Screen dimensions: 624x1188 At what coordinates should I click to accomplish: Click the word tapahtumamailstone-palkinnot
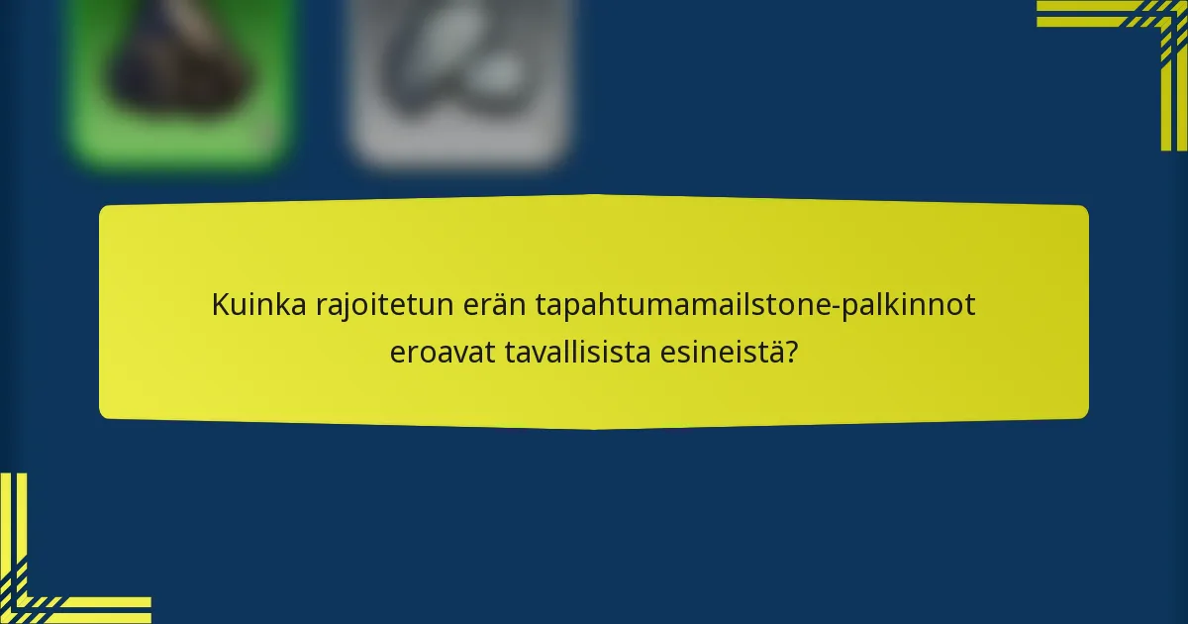(x=755, y=306)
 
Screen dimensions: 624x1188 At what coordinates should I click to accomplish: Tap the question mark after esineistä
(x=792, y=352)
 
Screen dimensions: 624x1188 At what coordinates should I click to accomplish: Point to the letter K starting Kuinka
(x=219, y=306)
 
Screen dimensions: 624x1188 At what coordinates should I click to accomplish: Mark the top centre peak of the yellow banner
(x=594, y=196)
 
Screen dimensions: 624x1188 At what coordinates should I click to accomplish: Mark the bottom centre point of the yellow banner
(x=594, y=428)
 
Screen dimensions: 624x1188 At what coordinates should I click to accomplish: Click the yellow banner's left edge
(x=101, y=312)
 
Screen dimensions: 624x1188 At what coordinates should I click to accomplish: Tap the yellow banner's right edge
(x=1087, y=312)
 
